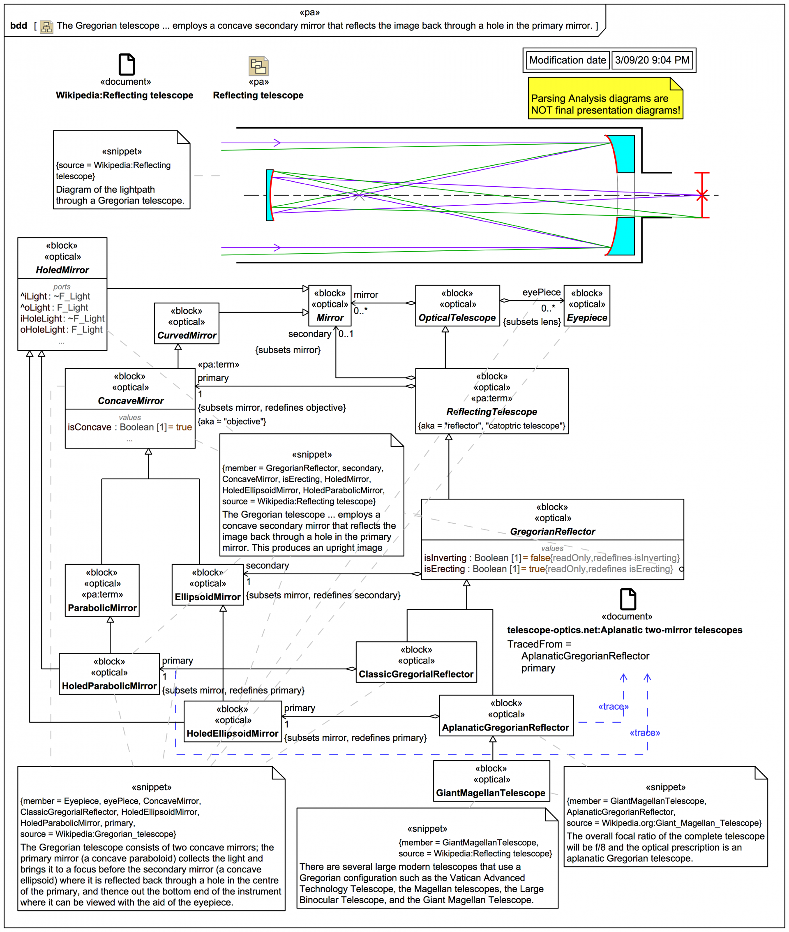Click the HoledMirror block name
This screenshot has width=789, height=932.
coord(62,270)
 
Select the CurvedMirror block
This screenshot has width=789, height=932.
coord(187,323)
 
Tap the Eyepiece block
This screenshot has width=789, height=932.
coord(586,305)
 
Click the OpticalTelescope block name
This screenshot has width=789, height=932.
coord(457,318)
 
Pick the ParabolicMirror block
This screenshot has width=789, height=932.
coord(102,590)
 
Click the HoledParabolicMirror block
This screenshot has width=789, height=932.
coord(109,674)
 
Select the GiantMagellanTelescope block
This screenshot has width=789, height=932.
coord(491,781)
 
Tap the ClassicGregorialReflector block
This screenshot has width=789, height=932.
coord(416,662)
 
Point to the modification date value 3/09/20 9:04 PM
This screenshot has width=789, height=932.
coord(652,60)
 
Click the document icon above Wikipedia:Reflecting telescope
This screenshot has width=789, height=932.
coord(126,64)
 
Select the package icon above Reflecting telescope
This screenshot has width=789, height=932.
coord(258,66)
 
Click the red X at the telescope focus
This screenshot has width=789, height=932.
coord(702,195)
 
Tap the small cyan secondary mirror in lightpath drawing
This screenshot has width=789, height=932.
coord(270,195)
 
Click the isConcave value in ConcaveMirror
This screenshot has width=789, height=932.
coord(129,427)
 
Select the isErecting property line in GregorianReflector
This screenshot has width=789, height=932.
coord(548,569)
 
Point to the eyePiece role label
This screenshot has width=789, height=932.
coord(541,292)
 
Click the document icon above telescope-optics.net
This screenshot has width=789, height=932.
coord(628,599)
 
